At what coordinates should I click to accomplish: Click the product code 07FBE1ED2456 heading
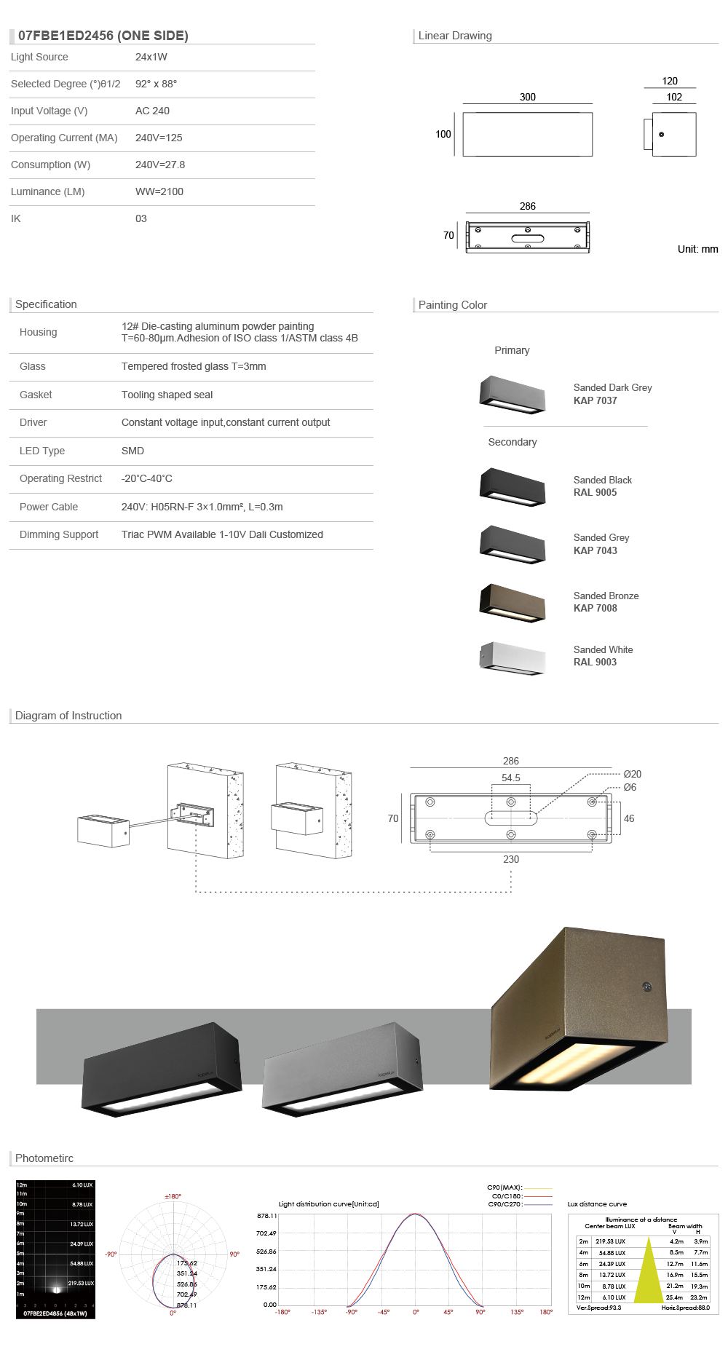click(x=103, y=36)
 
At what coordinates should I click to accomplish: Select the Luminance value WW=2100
click(x=159, y=191)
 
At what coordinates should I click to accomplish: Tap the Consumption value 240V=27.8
click(x=160, y=165)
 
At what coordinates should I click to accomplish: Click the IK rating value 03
click(x=141, y=218)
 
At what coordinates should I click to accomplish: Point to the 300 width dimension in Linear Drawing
click(x=528, y=97)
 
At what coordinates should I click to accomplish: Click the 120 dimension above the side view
click(x=670, y=81)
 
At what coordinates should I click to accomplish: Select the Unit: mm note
click(x=697, y=249)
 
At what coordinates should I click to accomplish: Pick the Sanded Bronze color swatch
click(x=513, y=602)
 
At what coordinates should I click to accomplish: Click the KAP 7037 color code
click(x=595, y=400)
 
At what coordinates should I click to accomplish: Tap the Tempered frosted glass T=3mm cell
click(x=194, y=366)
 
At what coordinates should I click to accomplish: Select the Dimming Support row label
click(x=59, y=534)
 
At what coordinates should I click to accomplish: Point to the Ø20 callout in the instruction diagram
click(x=632, y=774)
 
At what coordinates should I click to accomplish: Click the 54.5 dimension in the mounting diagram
click(x=511, y=778)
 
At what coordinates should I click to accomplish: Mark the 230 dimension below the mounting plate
click(x=511, y=859)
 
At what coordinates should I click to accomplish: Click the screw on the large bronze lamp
click(x=646, y=987)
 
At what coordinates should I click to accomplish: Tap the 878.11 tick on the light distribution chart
click(x=266, y=1216)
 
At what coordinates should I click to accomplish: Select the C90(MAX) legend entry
click(x=505, y=1187)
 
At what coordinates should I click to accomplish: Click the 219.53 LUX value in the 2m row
click(x=610, y=1241)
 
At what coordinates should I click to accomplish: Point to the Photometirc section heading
click(x=44, y=1158)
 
